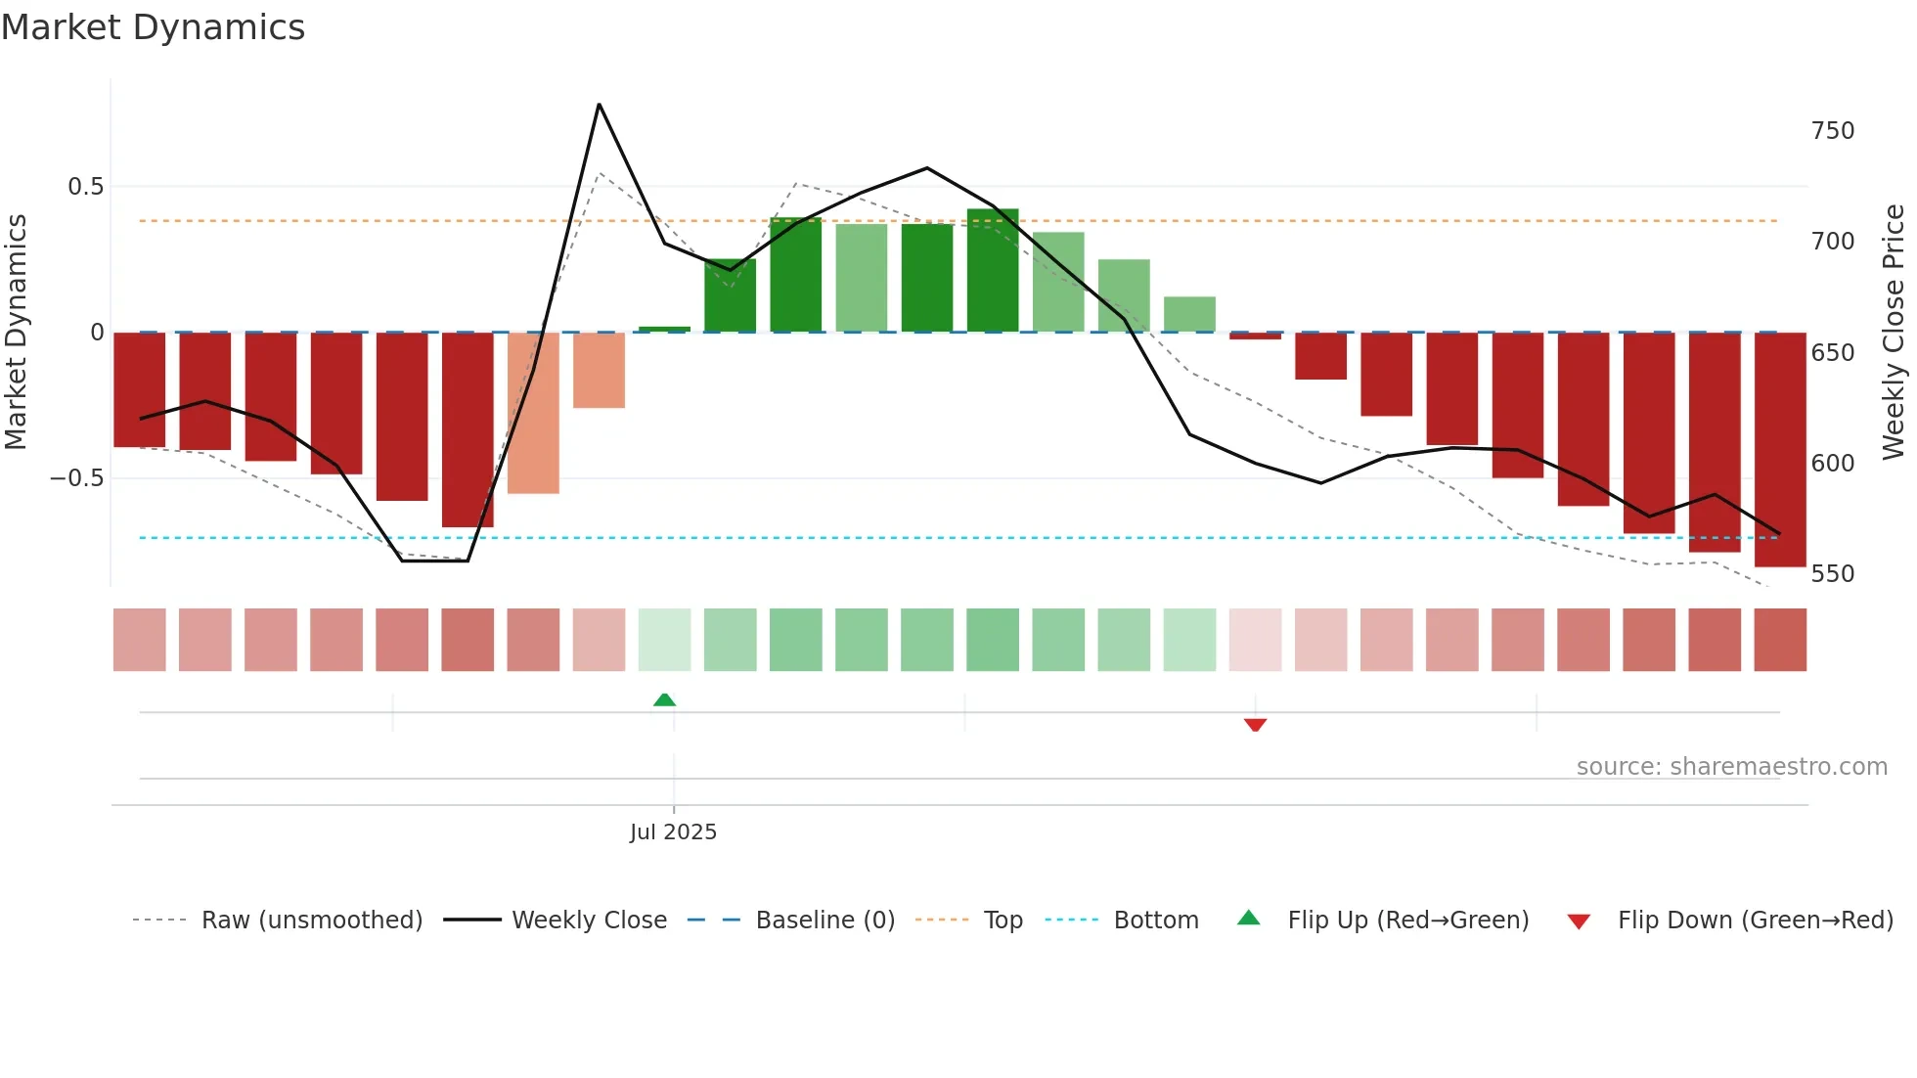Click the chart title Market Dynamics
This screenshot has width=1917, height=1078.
point(154,27)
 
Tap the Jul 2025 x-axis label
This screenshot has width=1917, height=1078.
point(673,831)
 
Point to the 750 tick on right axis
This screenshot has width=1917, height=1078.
point(1832,131)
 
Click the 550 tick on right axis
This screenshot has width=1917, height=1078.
point(1832,573)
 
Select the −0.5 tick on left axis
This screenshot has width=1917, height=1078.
point(76,478)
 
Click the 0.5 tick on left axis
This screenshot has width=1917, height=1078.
point(85,187)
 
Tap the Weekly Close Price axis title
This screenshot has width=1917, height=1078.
point(1894,333)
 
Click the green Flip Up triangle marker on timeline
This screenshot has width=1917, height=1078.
point(664,699)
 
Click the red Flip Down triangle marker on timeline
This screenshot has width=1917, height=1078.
point(1255,725)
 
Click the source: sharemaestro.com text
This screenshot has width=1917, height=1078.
point(1731,767)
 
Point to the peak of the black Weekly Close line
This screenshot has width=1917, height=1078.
point(599,105)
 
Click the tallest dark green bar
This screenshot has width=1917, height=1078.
point(993,271)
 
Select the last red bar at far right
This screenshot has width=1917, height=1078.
point(1779,450)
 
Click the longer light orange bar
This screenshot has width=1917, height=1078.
point(533,413)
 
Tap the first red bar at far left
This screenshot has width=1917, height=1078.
point(140,389)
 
